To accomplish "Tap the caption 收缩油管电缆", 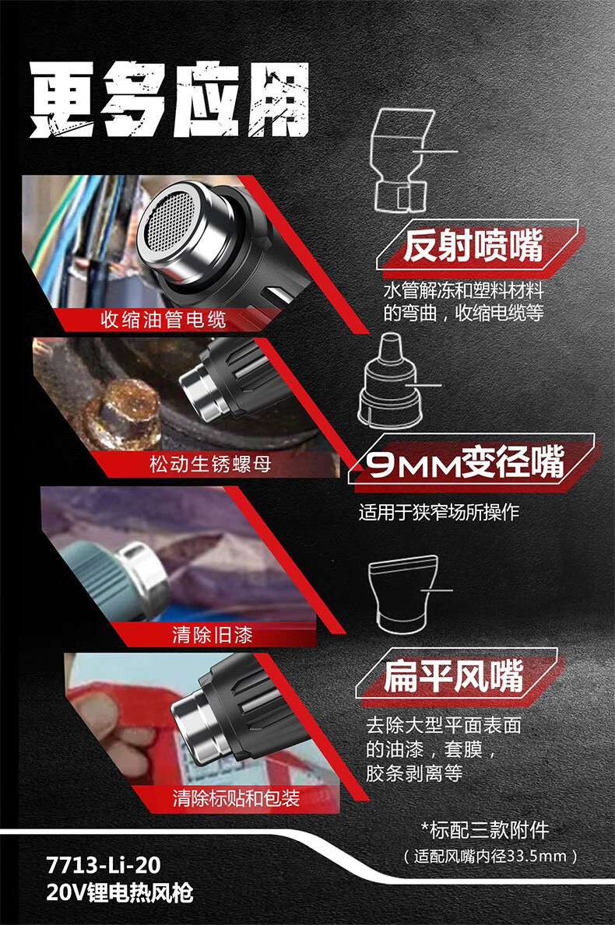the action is tap(163, 320).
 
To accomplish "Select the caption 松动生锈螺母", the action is tap(210, 464).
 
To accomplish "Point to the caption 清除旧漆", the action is tap(213, 634).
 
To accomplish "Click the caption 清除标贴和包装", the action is tap(236, 797).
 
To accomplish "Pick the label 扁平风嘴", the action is tap(453, 676).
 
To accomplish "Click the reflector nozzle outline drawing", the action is tap(400, 159).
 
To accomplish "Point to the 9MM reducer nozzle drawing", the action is tap(390, 380).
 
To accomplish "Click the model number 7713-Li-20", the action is tap(104, 865).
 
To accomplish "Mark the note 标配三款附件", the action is tap(484, 830).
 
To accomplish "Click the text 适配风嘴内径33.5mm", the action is tap(490, 856).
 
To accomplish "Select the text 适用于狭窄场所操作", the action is tap(438, 511).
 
